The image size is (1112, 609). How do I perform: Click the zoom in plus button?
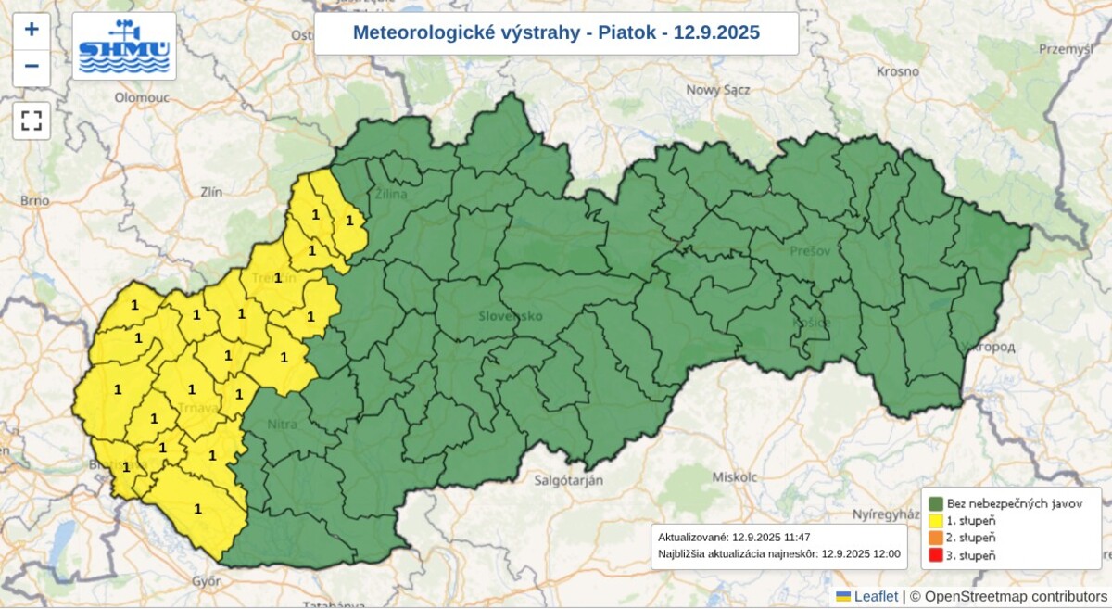(32, 30)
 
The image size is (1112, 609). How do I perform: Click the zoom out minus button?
(32, 67)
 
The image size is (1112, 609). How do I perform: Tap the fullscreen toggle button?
(32, 121)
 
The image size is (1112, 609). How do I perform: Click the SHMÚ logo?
(124, 46)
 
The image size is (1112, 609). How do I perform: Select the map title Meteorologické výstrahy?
(556, 33)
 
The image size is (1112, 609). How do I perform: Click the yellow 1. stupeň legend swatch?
(936, 521)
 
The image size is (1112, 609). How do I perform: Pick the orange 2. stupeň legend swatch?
(936, 538)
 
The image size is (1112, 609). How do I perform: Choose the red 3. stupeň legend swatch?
(936, 555)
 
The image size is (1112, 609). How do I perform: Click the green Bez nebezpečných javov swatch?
(936, 503)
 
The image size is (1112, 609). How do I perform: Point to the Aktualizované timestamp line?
(721, 537)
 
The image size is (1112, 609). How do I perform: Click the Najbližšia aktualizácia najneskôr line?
(778, 553)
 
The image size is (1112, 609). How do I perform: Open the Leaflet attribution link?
(875, 596)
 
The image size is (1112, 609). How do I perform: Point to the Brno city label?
(34, 199)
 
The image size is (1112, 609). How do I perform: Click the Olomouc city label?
(142, 96)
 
